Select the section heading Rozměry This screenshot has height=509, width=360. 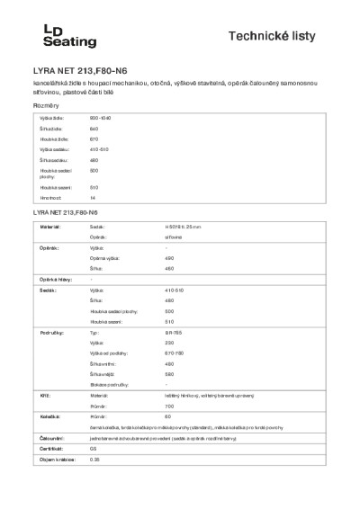[x=45, y=106]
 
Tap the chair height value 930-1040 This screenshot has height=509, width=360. [x=100, y=119]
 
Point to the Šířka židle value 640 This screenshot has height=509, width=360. [x=94, y=129]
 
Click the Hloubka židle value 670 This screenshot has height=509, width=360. [x=94, y=139]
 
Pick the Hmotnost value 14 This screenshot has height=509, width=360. [x=93, y=197]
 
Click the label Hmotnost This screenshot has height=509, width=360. [x=50, y=197]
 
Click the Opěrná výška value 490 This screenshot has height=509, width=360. [x=171, y=257]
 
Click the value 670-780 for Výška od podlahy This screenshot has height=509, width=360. [x=175, y=353]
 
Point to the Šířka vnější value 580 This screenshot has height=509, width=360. [x=171, y=374]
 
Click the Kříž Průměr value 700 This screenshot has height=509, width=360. [x=171, y=406]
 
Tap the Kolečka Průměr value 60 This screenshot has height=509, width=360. [x=169, y=416]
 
